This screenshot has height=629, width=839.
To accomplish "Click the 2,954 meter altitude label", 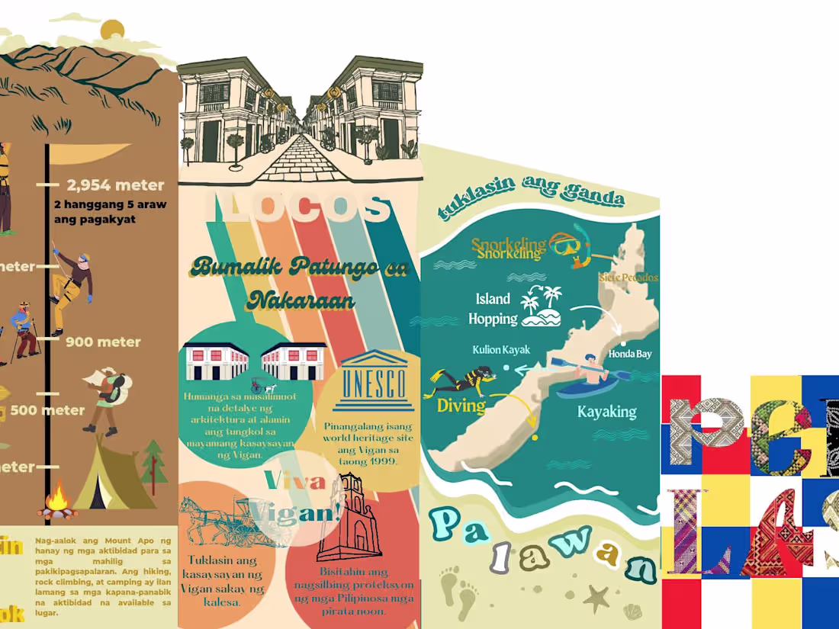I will coord(114,185).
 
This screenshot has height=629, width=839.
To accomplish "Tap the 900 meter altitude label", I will coord(103,342).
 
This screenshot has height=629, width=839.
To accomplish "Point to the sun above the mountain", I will coord(112,30).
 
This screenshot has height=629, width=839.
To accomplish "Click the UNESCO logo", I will coord(373,377).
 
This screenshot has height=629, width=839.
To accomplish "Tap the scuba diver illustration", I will coord(462,378).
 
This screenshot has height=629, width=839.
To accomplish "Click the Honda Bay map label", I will coord(630,354).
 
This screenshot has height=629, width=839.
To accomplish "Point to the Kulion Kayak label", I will coord(501,350).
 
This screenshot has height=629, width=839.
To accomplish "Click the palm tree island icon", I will coord(541,306).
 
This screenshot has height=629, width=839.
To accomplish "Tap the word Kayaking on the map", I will coord(607,412).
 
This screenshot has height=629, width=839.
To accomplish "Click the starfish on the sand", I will coord(597,599).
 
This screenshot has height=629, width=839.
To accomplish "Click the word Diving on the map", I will coord(461,406).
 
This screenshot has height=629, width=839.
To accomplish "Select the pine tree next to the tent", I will coord(155,461).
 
